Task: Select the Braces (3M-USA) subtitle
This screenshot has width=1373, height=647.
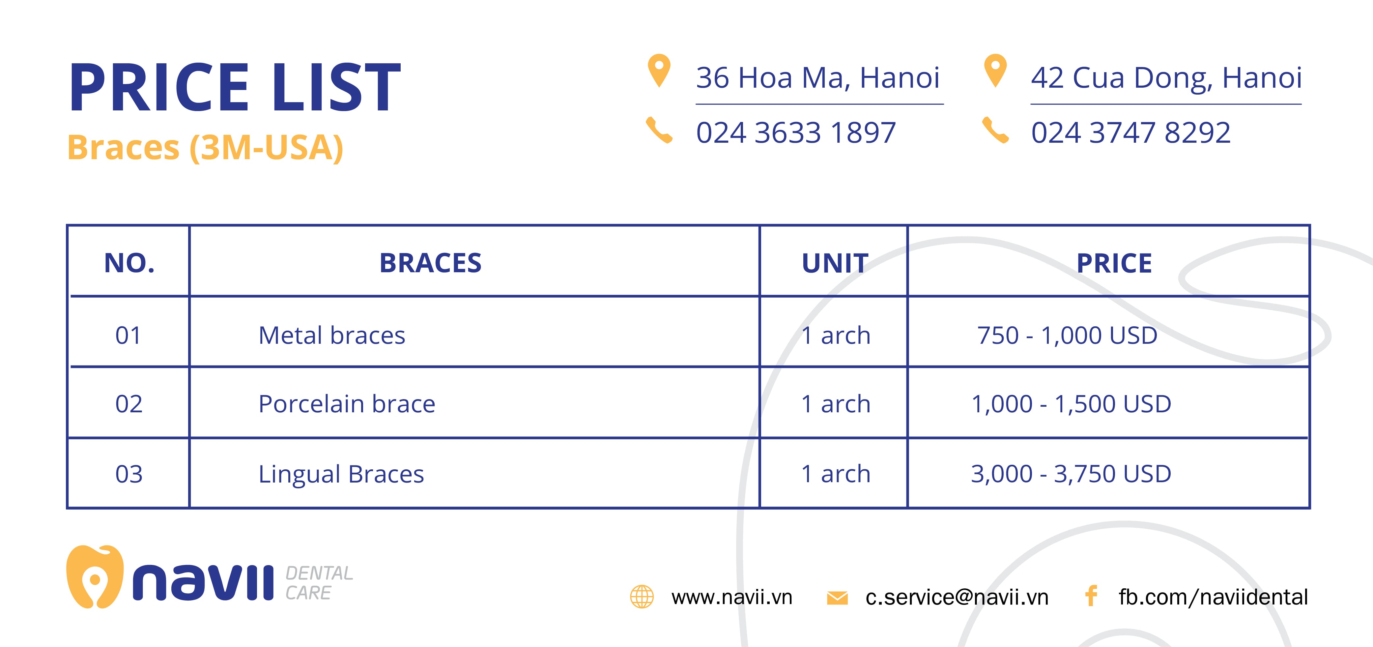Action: point(205,148)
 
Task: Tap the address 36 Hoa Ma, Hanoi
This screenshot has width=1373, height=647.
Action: point(817,78)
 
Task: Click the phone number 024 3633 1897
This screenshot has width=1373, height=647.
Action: point(796,133)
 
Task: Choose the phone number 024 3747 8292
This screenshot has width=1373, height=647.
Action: point(1130,133)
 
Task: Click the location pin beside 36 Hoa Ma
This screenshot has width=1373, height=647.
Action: point(659,70)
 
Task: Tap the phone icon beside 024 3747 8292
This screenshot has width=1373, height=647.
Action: point(995,130)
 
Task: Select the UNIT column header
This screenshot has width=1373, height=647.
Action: point(835,263)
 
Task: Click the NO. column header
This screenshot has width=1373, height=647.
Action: point(129,263)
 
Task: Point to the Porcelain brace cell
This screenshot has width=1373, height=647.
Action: point(346,404)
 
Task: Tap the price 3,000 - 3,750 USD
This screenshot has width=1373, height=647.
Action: point(1071,474)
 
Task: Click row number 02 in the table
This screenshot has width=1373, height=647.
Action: point(129,404)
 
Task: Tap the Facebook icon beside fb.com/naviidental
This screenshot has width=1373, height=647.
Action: point(1091,596)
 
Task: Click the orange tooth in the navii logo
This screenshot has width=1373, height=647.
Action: point(95,577)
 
